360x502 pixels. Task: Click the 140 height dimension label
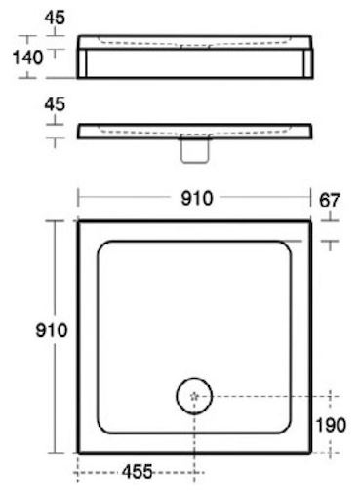(x=27, y=58)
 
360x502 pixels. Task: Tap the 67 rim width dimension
(x=330, y=200)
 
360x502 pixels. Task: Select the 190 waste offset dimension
(x=331, y=425)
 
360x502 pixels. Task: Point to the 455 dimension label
(x=137, y=472)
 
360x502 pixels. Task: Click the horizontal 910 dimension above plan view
(x=197, y=198)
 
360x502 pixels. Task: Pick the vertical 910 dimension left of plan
(x=52, y=330)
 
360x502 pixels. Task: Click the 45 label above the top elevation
(x=55, y=18)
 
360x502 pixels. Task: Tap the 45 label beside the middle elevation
(x=55, y=104)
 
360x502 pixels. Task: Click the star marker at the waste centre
(x=194, y=396)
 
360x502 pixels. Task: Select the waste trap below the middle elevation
(x=194, y=150)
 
